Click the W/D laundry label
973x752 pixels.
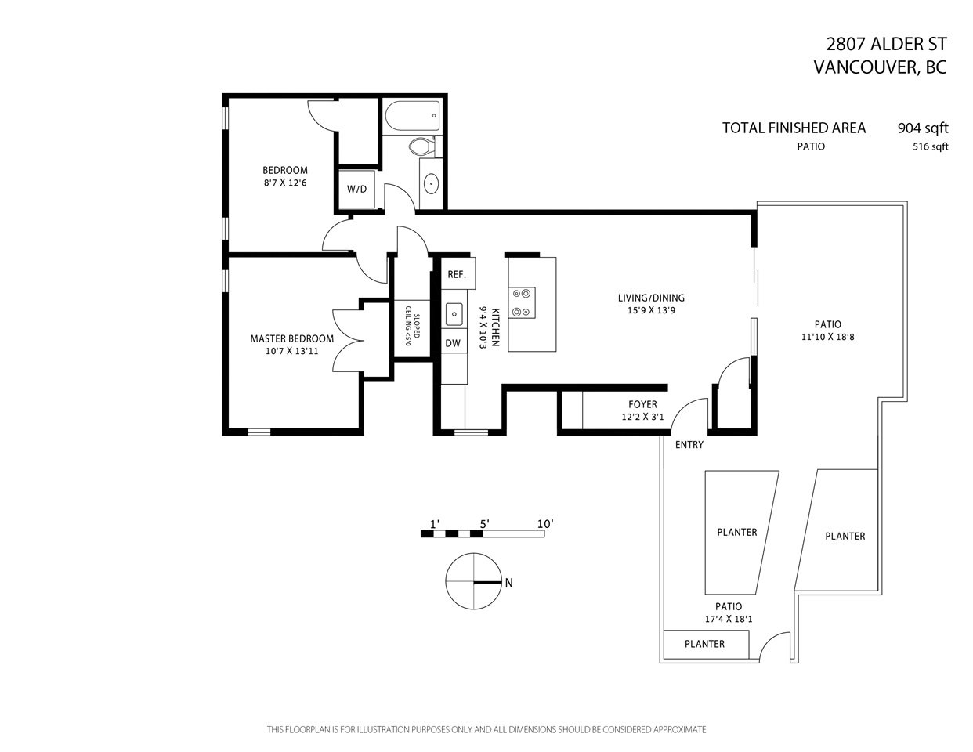[356, 189]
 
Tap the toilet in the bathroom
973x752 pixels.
[422, 146]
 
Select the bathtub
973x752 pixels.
[412, 116]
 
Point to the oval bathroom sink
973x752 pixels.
[431, 183]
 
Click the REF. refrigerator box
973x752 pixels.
[458, 273]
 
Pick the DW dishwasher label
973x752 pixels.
[453, 343]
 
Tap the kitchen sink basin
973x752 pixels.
[454, 314]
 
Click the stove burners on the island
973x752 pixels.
[522, 302]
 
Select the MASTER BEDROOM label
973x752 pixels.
[292, 339]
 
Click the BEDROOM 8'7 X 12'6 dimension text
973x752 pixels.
[285, 183]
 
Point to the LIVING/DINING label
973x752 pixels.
[651, 298]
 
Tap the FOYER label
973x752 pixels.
[642, 404]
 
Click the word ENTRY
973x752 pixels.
[689, 444]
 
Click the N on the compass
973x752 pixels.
[508, 584]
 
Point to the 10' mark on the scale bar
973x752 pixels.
[545, 524]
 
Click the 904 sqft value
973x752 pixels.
[923, 128]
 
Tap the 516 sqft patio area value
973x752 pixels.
[931, 146]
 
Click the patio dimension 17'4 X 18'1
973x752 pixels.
[729, 619]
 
